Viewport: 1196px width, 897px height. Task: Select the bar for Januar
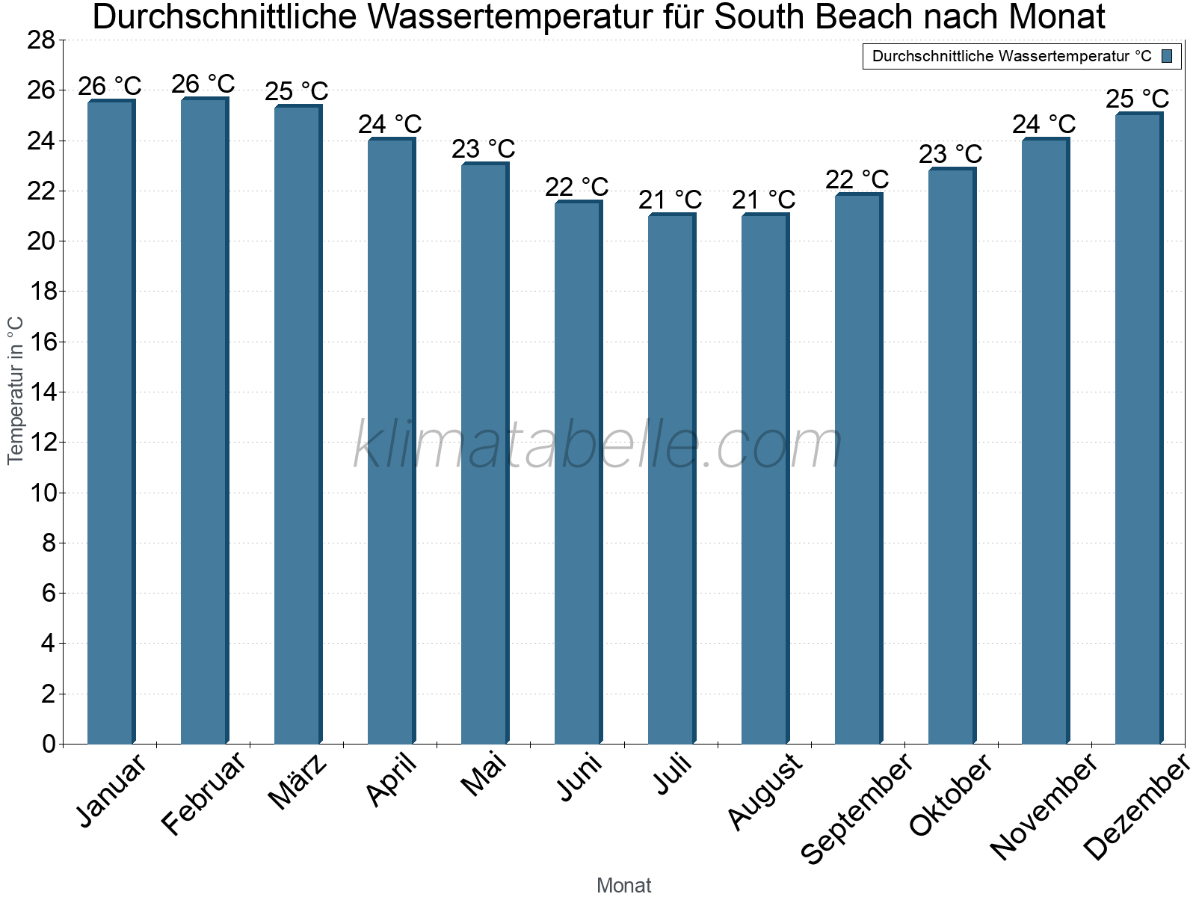[x=111, y=422]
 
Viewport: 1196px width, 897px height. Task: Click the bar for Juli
[x=671, y=478]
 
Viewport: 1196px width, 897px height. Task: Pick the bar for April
[x=391, y=441]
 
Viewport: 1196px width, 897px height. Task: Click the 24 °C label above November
[x=1044, y=124]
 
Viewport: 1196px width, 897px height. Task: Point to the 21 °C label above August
[x=764, y=200]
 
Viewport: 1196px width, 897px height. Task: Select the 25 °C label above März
[x=297, y=91]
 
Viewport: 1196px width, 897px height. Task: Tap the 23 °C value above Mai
[x=484, y=149]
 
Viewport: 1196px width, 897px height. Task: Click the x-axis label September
[x=857, y=807]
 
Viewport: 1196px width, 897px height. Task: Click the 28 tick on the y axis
[x=42, y=40]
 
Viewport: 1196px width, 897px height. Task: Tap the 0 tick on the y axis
[x=49, y=744]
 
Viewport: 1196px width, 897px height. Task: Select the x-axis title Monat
[x=624, y=885]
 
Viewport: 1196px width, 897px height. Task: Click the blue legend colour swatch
[x=1167, y=56]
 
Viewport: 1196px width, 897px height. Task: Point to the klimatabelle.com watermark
[x=598, y=445]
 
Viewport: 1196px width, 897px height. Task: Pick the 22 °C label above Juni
[x=577, y=187]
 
